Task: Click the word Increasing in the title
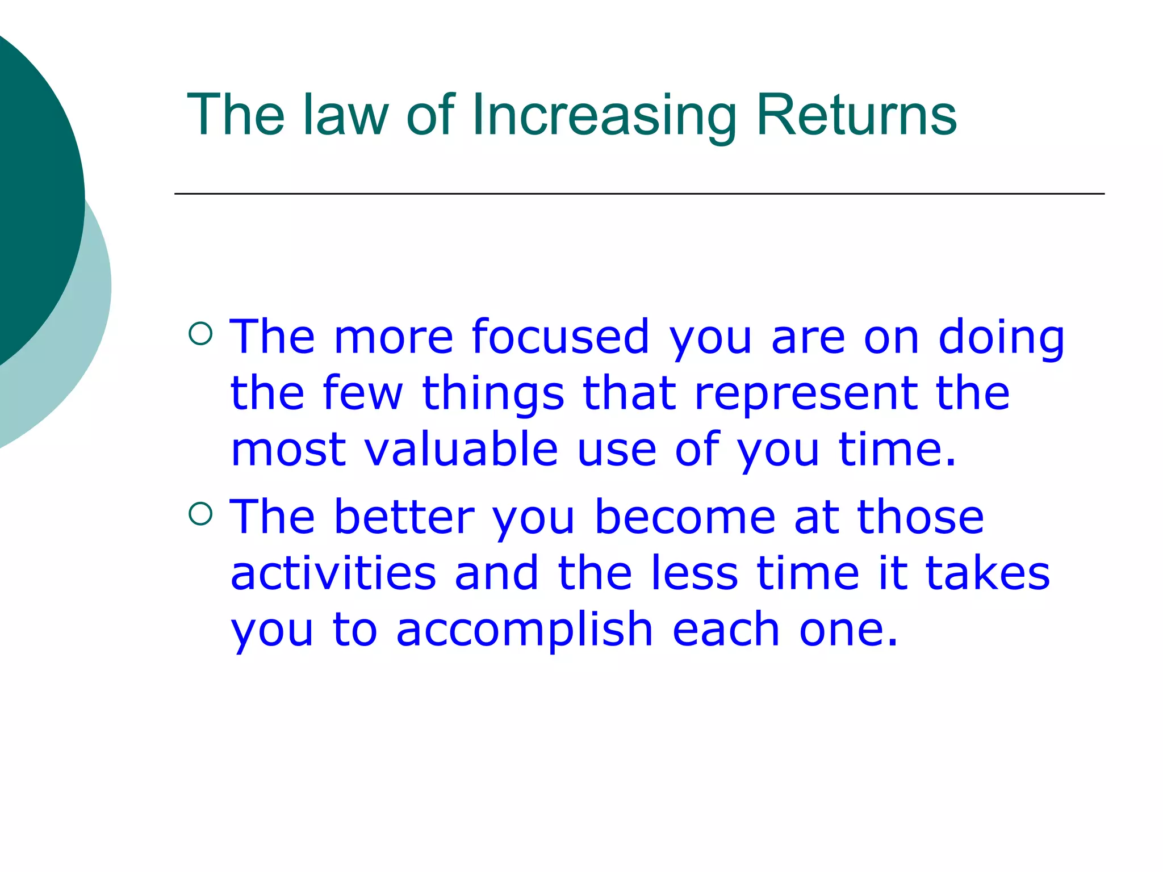[603, 116]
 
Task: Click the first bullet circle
[200, 334]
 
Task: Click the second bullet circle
[200, 514]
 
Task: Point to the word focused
[560, 337]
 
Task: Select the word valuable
[461, 449]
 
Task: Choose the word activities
[333, 573]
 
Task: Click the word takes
[988, 573]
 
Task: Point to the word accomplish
[524, 630]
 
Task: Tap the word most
[288, 450]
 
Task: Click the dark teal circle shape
[28, 193]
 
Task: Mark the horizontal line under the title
[639, 194]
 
